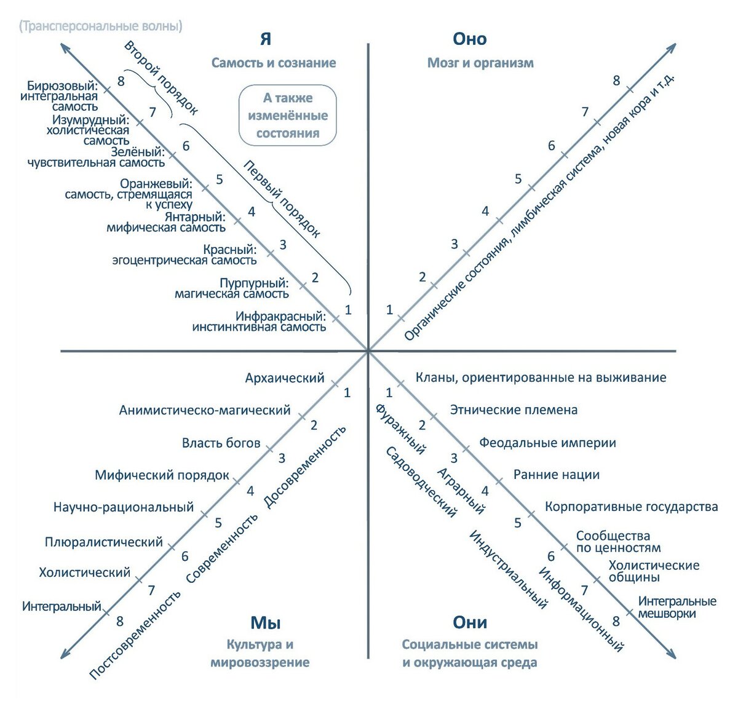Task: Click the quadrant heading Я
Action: pos(265,39)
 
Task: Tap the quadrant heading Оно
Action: pos(469,39)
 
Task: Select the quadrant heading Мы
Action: pos(265,622)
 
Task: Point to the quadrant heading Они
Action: pos(469,622)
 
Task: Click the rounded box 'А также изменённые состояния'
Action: pos(288,116)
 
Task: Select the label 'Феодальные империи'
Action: pos(547,443)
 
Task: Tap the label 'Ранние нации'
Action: pos(556,475)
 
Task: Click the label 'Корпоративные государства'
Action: pos(631,507)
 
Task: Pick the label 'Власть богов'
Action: pos(221,443)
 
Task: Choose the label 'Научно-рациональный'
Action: pos(124,507)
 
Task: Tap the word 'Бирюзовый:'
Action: pos(63,86)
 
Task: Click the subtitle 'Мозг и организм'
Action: pos(480,63)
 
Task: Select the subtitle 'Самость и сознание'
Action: pos(274,63)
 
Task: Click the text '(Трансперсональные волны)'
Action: pos(100,26)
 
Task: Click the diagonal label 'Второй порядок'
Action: pos(161,78)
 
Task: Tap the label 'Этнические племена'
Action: pos(514,410)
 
